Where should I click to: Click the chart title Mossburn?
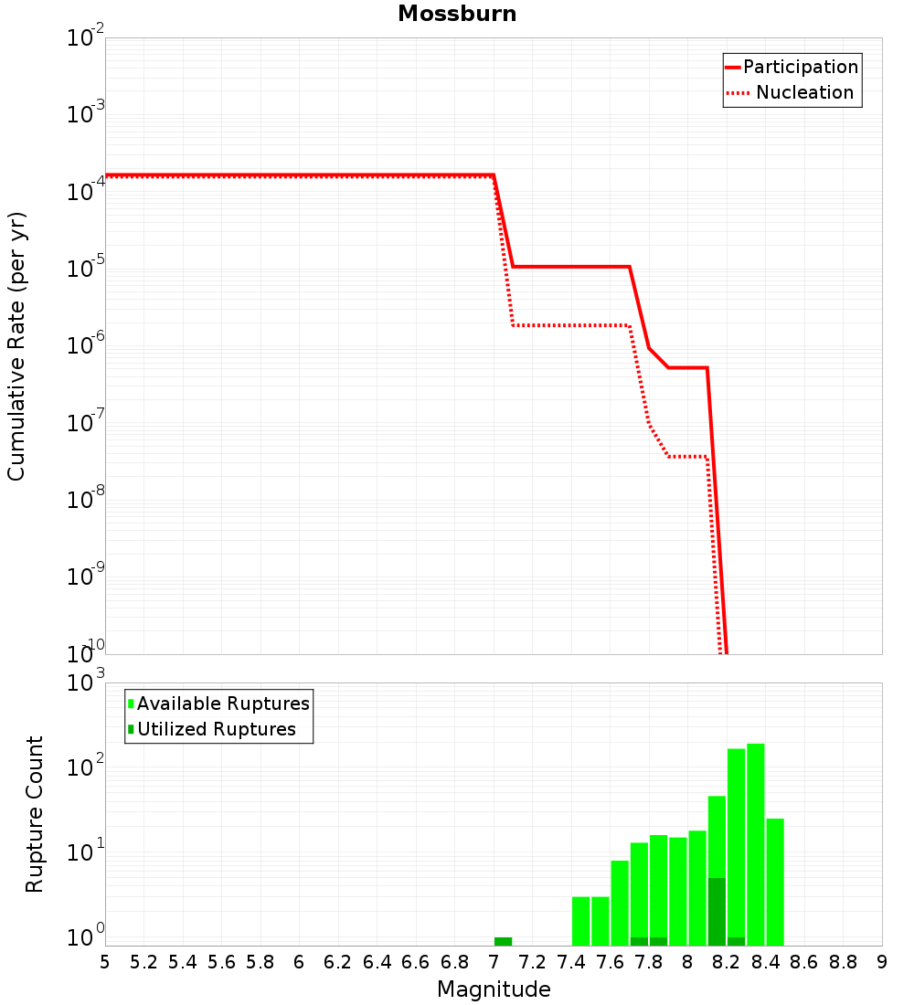coord(457,15)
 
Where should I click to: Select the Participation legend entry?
coord(800,68)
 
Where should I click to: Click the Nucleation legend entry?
coord(803,93)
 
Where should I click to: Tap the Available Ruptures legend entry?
coord(223,703)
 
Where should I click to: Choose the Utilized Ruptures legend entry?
coord(216,729)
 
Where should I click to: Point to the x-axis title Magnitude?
coord(494,989)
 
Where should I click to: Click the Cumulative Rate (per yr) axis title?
coord(17,346)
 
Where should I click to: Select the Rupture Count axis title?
coord(35,814)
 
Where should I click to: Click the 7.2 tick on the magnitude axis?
coord(532,962)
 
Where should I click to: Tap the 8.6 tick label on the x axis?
coord(804,962)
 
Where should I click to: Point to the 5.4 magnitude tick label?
coord(183,962)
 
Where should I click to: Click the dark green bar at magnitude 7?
coord(503,941)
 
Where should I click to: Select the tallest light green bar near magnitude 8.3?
coord(756,841)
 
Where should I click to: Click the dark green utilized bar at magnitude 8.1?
coord(717,912)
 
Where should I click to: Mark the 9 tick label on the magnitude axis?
coord(882,962)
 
